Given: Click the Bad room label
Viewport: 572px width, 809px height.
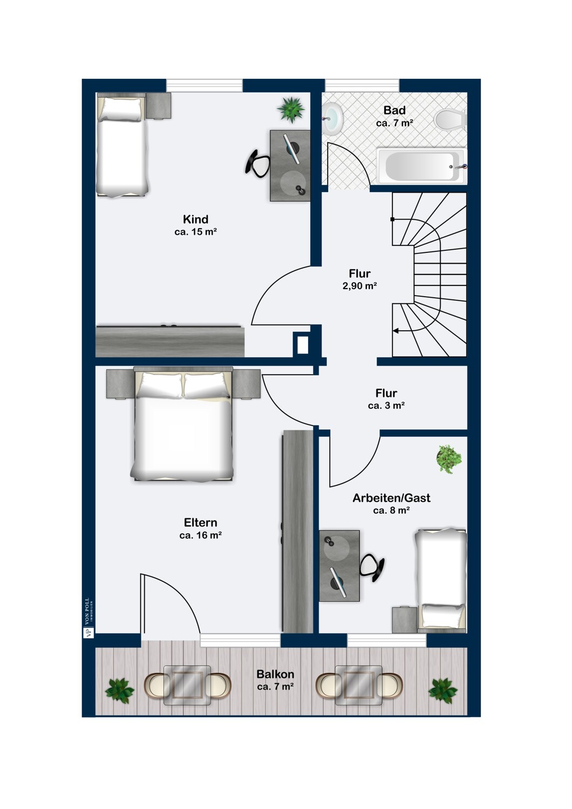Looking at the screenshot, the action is (x=394, y=110).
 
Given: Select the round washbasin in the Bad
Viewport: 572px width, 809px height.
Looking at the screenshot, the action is (x=333, y=118).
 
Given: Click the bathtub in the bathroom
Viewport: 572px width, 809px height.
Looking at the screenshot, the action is (x=421, y=166).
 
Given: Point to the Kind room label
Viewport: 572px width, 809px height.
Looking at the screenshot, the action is (x=195, y=219).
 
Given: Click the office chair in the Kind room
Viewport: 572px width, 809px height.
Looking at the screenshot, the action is (x=257, y=163).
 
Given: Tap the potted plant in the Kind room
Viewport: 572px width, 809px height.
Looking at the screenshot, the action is (x=291, y=109).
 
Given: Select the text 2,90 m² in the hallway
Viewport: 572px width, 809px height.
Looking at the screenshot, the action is (x=359, y=286).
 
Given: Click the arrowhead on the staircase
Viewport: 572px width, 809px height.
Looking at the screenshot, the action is (x=396, y=331).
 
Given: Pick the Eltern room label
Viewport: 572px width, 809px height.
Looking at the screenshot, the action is (x=201, y=523).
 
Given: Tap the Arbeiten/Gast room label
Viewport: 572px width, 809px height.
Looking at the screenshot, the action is (x=391, y=498).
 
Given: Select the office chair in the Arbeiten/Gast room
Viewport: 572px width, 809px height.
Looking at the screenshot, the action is (x=372, y=568).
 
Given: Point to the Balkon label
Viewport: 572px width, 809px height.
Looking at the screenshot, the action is (x=275, y=674).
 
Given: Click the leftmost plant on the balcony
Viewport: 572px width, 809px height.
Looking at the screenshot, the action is (x=119, y=690).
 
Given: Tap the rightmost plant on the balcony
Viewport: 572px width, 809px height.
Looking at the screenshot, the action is (x=442, y=690).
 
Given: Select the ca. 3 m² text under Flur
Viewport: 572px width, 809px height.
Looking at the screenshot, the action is (x=386, y=406).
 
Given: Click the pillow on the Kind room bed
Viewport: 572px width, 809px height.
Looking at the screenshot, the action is (x=121, y=109).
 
